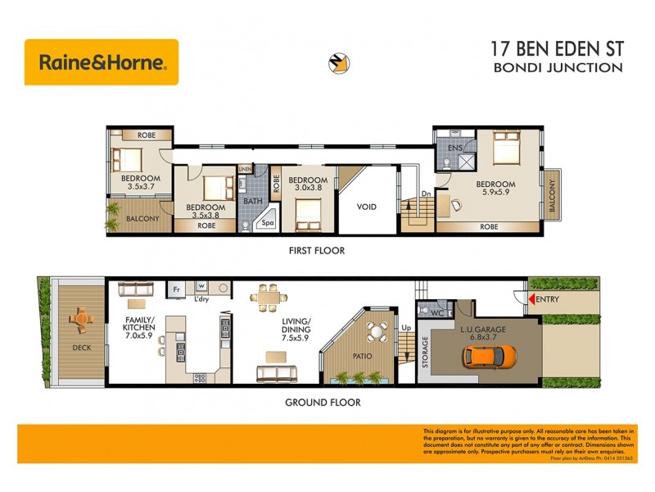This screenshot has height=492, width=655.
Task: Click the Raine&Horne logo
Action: point(102,62)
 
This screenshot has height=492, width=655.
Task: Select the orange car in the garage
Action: point(490,355)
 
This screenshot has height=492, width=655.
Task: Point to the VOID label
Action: point(367,207)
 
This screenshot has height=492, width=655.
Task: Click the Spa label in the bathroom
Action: point(267,221)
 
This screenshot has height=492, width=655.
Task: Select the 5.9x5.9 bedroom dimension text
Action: point(495,194)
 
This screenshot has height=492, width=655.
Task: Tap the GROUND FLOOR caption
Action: point(323,403)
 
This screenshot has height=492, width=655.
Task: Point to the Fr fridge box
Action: point(174,290)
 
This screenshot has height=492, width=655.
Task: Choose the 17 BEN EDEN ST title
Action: point(557,48)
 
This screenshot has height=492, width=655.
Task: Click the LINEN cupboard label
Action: point(245,169)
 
